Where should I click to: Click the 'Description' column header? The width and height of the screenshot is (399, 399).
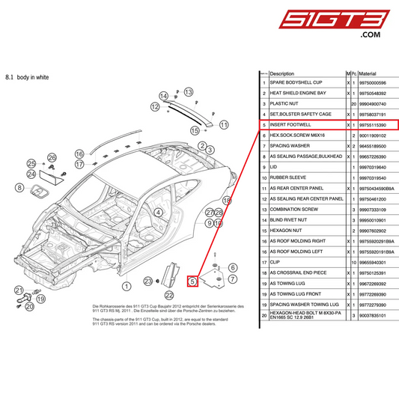(282, 73)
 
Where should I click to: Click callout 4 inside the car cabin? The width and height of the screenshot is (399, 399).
(158, 212)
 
